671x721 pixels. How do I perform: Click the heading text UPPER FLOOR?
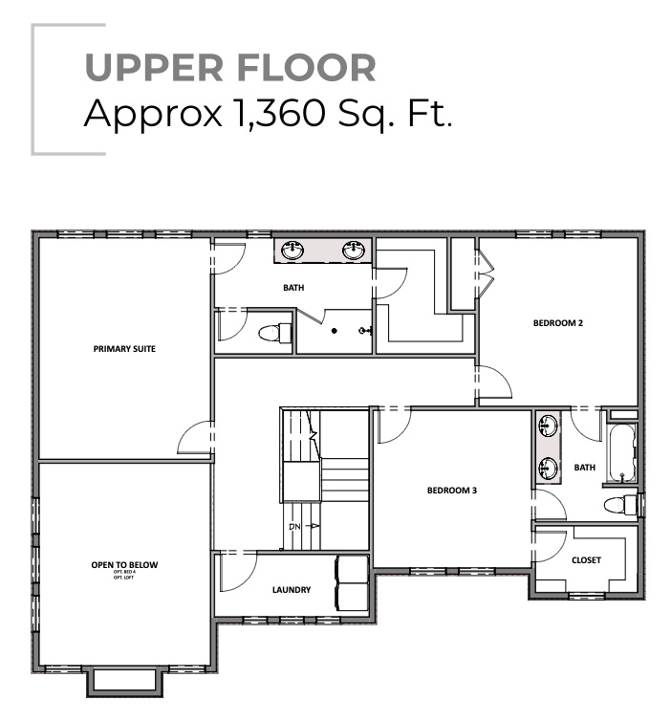229,68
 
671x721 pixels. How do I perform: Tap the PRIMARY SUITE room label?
124,349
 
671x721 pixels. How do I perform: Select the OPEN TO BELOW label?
124,566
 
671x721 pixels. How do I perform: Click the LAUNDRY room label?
291,590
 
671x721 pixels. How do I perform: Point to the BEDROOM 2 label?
557,323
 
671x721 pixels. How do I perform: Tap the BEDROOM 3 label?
451,491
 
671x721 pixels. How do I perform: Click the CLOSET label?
586,560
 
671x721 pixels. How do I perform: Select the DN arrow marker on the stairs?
302,526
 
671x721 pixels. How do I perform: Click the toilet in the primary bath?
274,334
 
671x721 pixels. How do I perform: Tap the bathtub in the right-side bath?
622,453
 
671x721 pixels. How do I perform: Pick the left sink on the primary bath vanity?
292,251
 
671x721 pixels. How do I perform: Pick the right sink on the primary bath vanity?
356,251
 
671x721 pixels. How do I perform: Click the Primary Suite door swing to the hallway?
195,438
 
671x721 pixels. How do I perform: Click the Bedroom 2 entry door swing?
494,384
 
